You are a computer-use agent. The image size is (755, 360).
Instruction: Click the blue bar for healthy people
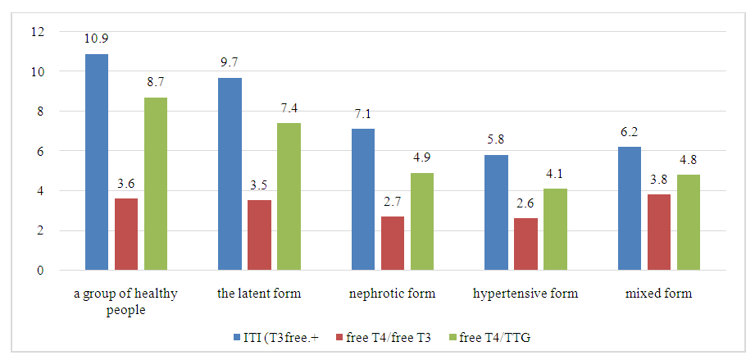coord(97,162)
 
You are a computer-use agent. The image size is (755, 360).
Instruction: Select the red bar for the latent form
coord(259,235)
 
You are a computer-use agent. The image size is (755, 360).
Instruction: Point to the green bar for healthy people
coord(156,184)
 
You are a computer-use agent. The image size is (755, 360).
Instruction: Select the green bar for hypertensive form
coord(555,230)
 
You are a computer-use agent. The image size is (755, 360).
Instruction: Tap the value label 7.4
coord(289,109)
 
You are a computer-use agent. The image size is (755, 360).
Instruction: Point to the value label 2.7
coord(392,203)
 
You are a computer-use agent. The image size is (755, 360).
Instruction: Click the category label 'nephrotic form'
coord(393,294)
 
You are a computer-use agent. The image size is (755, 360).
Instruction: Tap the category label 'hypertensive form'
coord(525,294)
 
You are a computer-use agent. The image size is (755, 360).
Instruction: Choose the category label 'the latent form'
coord(259,294)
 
